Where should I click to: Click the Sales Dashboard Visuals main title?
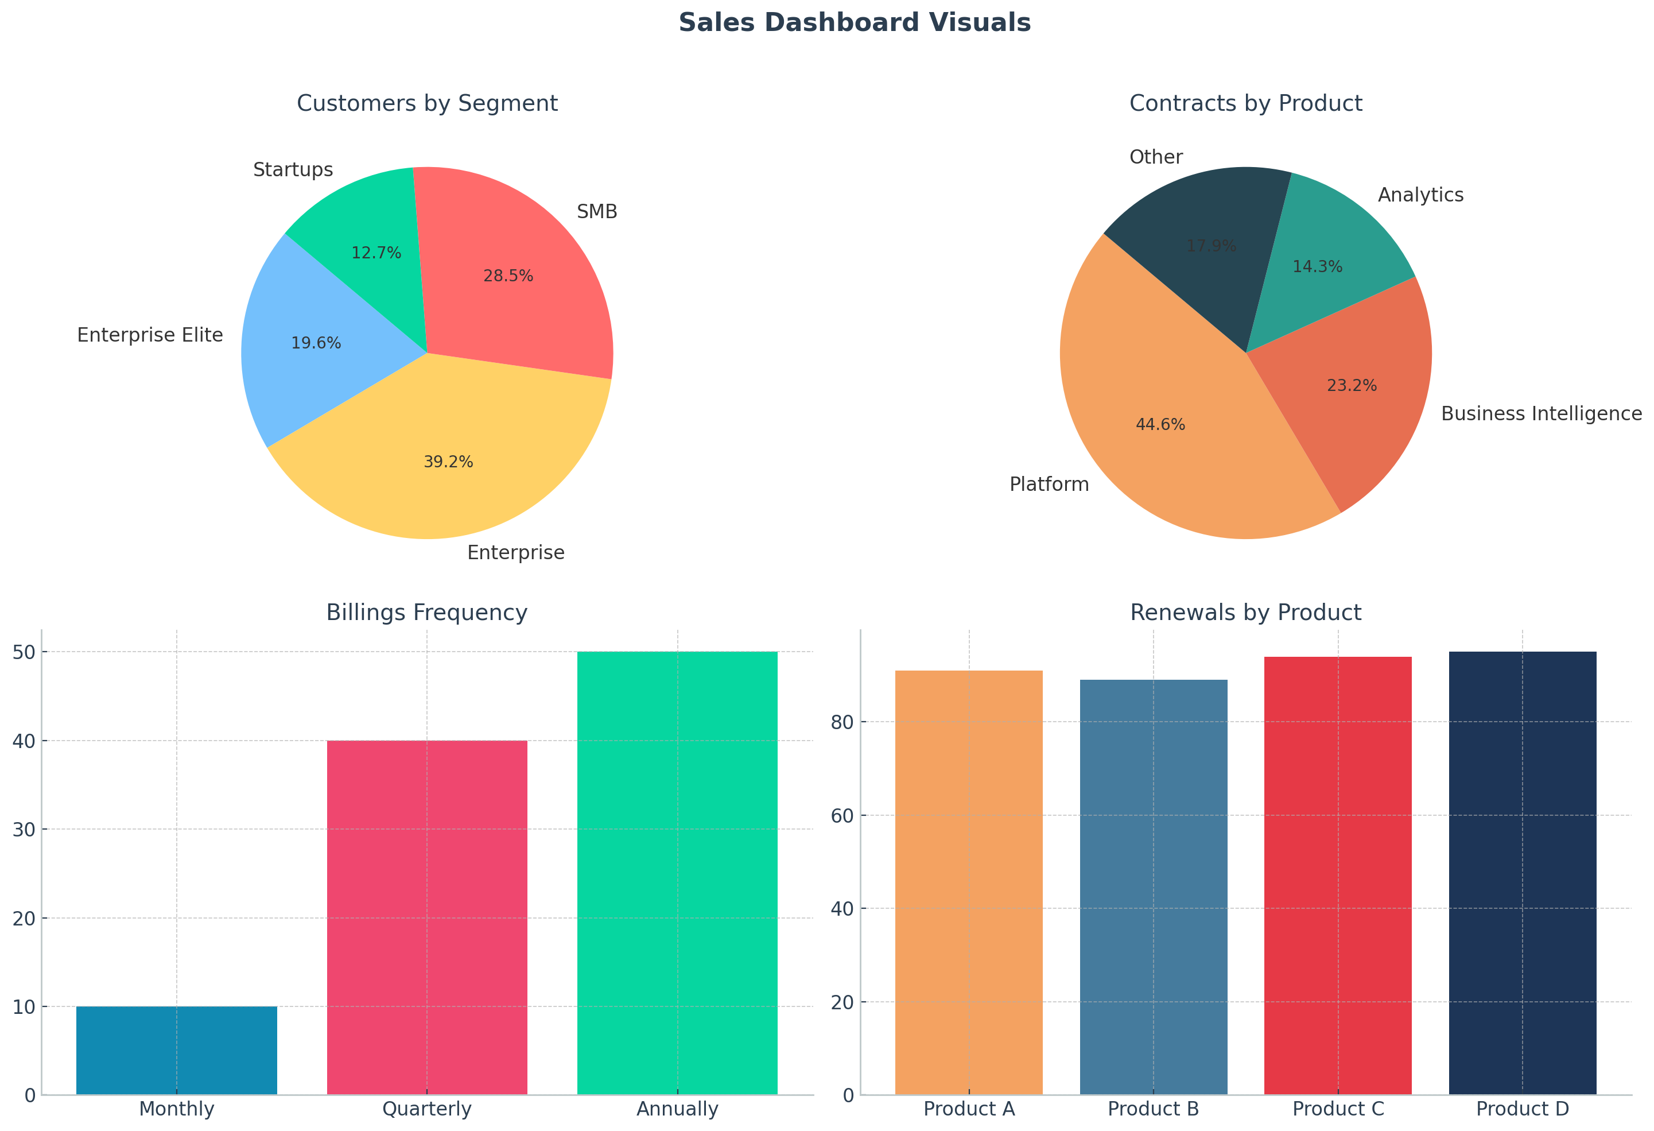(854, 23)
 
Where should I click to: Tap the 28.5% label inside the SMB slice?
(508, 276)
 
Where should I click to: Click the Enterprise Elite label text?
(150, 335)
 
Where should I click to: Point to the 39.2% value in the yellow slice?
(448, 462)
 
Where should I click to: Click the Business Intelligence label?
(1542, 415)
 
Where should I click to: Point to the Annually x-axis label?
(677, 1109)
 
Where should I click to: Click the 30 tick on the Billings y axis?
(24, 829)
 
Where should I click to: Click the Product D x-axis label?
(1523, 1109)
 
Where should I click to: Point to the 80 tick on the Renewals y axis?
(842, 722)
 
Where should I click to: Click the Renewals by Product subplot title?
(1245, 613)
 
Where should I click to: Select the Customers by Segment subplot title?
(427, 104)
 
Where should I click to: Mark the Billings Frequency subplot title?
(427, 613)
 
